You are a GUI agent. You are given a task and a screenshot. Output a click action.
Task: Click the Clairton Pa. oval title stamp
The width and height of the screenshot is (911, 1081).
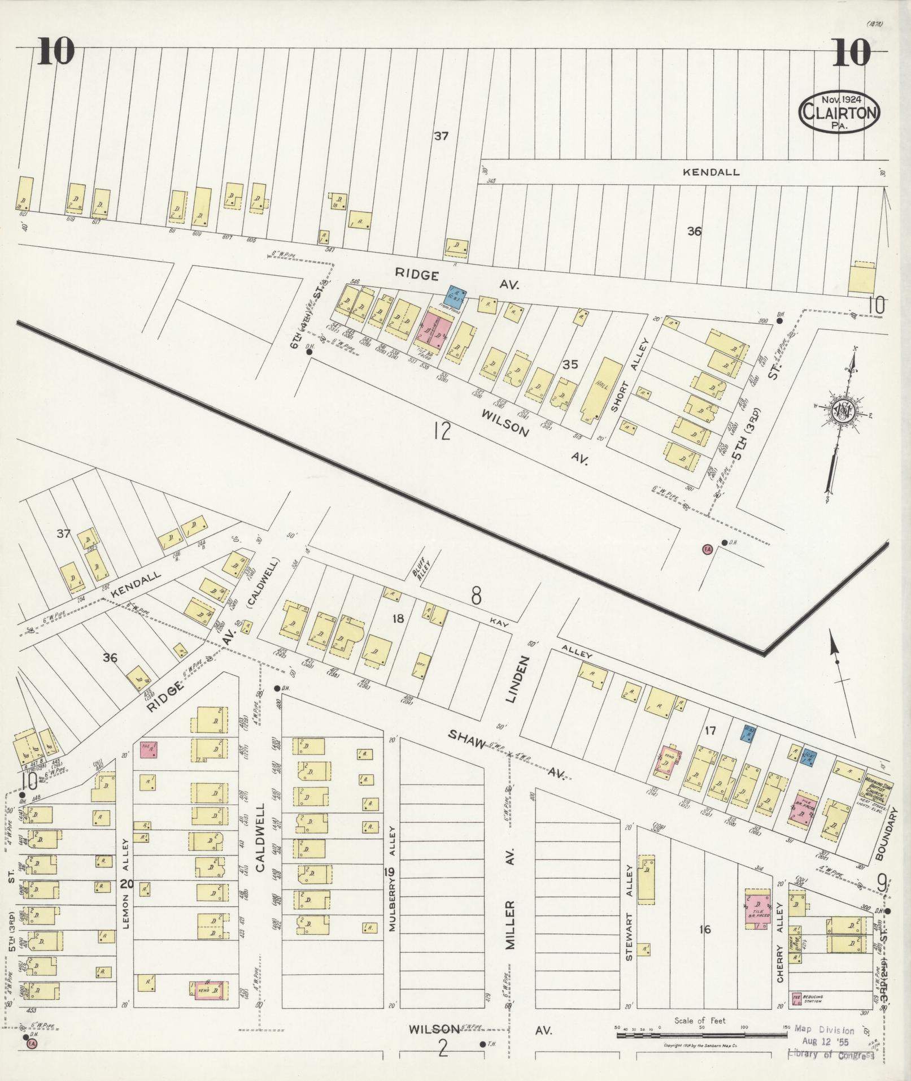coord(839,112)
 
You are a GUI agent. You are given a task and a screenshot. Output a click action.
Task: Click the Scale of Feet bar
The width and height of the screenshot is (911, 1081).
coord(701,1035)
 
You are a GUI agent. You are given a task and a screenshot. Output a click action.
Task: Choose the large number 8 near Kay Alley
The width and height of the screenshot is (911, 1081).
coord(477,596)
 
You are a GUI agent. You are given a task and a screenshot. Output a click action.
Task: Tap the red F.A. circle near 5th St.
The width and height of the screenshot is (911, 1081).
coord(706,549)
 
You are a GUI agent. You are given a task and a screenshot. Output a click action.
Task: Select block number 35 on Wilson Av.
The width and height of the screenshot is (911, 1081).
coord(570,364)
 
